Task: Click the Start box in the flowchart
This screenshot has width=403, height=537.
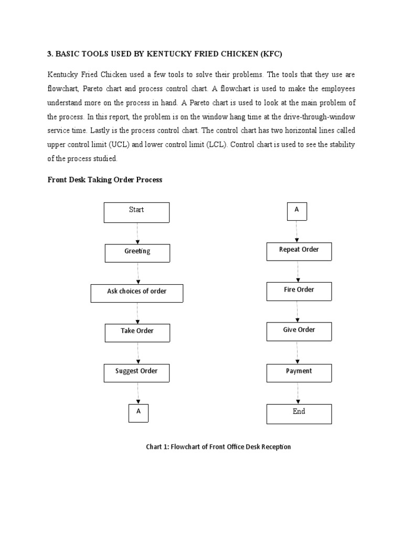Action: pyautogui.click(x=136, y=212)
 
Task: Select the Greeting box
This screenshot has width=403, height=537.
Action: pyautogui.click(x=137, y=253)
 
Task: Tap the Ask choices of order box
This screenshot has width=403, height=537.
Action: pyautogui.click(x=136, y=293)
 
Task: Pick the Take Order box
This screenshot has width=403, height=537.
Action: pyautogui.click(x=137, y=332)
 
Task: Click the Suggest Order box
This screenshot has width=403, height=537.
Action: pyautogui.click(x=136, y=373)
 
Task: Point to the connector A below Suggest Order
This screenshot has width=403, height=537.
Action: pyautogui.click(x=139, y=413)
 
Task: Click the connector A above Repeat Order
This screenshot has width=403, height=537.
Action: pyautogui.click(x=296, y=211)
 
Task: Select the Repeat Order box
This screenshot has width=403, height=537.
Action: pyautogui.click(x=299, y=251)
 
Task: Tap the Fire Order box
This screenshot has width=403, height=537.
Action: pyautogui.click(x=299, y=292)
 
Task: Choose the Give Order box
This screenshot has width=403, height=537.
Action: pyautogui.click(x=299, y=331)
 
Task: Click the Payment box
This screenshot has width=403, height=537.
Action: pyautogui.click(x=299, y=372)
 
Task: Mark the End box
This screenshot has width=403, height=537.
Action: pyautogui.click(x=299, y=413)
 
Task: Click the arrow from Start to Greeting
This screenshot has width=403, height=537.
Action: pyautogui.click(x=137, y=233)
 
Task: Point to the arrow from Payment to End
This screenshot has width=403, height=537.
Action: pyautogui.click(x=299, y=393)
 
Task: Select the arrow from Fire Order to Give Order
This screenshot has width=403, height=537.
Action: pyautogui.click(x=298, y=312)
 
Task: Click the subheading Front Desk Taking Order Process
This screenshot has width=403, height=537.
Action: pyautogui.click(x=105, y=180)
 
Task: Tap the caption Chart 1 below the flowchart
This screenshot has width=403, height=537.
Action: pyautogui.click(x=218, y=447)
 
